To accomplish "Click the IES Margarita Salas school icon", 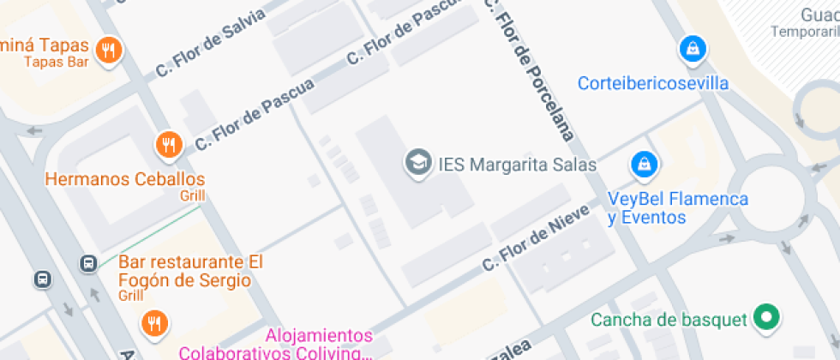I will tap(417, 163).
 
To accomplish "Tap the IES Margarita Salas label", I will tap(517, 164).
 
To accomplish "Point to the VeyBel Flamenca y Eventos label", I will tap(677, 208).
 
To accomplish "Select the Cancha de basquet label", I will tap(669, 321).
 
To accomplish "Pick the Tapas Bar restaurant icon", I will tap(108, 51).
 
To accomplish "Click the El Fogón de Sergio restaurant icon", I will tap(154, 323).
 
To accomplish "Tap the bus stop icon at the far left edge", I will tap(43, 279).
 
